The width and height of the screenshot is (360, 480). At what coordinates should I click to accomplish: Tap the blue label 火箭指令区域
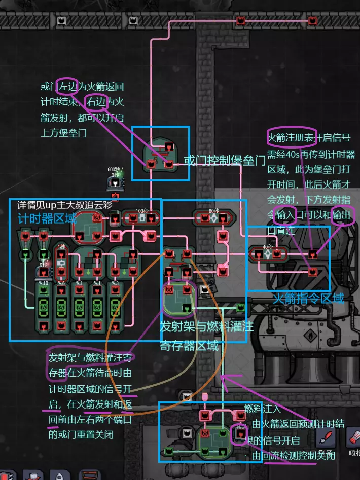308,298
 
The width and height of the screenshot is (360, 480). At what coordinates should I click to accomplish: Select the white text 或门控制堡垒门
225,161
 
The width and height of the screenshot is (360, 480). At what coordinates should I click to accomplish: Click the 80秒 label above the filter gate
213,210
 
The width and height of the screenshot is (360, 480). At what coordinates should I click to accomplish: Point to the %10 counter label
43,283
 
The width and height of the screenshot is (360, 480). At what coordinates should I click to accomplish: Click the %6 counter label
62,283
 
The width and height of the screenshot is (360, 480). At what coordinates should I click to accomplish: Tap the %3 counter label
116,283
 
